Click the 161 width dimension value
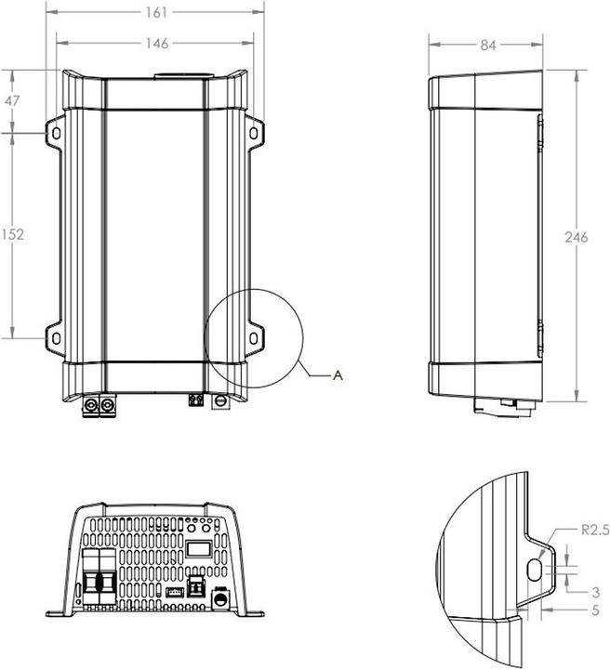pos(155,12)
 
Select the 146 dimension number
pos(155,43)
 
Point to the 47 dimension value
pos(12,102)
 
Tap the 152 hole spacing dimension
pos(12,235)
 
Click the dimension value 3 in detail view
pos(594,591)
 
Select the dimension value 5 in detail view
pos(594,611)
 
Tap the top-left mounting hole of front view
pos(55,134)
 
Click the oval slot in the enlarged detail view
pos(537,568)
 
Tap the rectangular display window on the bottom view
pos(199,550)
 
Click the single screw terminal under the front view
pos(221,402)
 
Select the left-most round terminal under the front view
pos(93,405)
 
